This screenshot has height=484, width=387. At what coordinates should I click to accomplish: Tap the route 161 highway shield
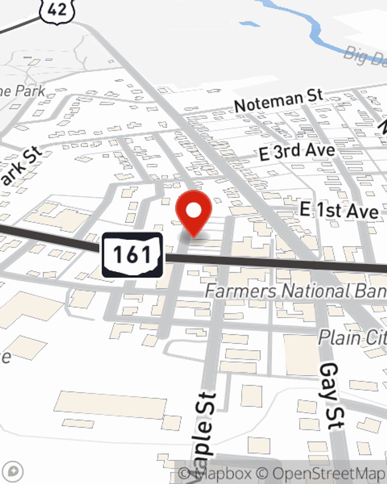[132, 255]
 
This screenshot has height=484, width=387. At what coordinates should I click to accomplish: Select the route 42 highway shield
[57, 10]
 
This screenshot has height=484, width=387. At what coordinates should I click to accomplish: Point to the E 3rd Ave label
[297, 151]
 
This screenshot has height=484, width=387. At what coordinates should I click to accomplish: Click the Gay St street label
[330, 396]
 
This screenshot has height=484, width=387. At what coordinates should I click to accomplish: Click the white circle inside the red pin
[193, 211]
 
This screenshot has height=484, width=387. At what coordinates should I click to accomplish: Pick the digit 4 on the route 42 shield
[52, 9]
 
